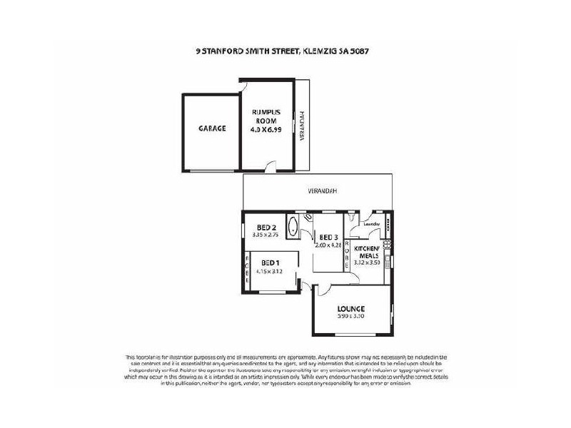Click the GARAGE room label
(212, 128)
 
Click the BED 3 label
(328, 238)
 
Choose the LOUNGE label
(351, 309)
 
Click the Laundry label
(371, 224)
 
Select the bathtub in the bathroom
(293, 228)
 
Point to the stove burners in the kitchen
(387, 246)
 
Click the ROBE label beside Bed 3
(347, 253)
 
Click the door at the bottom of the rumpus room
(270, 167)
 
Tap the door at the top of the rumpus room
(243, 86)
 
